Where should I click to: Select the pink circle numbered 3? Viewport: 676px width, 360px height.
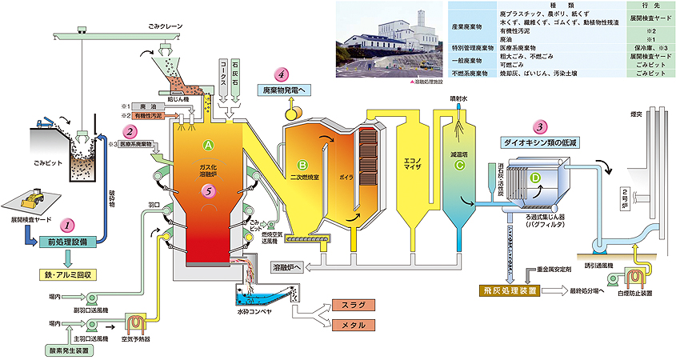click(542, 126)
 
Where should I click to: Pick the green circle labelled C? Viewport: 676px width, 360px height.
click(458, 166)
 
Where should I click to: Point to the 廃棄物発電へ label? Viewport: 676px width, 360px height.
click(286, 89)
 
